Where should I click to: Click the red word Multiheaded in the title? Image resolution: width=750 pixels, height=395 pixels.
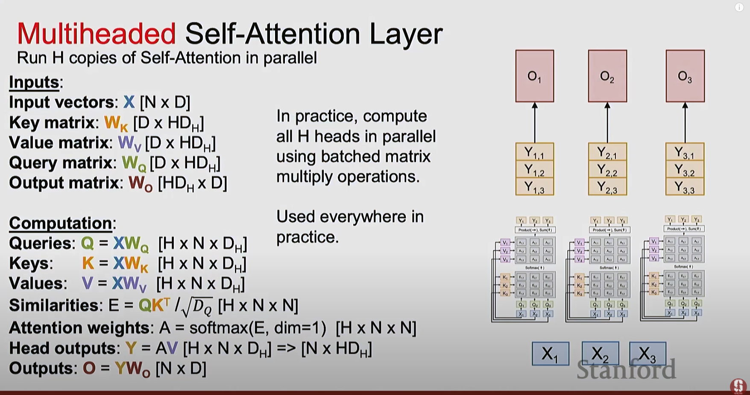click(x=96, y=34)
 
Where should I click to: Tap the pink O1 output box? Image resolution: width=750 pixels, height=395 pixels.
click(x=534, y=76)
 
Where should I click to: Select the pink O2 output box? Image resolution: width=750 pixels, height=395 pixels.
click(x=607, y=76)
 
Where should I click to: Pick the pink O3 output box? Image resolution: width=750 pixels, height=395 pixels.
click(x=685, y=76)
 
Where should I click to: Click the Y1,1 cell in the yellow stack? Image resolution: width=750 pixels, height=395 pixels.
click(x=534, y=152)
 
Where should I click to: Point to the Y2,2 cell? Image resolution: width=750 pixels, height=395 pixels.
click(x=607, y=170)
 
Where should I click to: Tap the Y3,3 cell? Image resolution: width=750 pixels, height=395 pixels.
click(x=685, y=187)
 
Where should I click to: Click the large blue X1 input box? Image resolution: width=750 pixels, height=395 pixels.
click(x=550, y=354)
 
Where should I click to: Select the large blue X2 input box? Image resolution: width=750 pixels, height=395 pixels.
click(x=600, y=354)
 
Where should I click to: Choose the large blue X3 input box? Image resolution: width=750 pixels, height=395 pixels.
click(x=647, y=354)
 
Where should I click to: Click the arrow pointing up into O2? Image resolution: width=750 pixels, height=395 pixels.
click(x=607, y=122)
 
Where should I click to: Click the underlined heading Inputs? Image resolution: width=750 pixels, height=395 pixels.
click(x=34, y=82)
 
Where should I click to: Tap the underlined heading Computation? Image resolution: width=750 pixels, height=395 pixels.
click(x=61, y=223)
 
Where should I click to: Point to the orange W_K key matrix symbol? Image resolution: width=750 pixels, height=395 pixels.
click(x=116, y=123)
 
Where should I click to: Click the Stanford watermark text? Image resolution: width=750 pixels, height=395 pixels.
click(x=626, y=369)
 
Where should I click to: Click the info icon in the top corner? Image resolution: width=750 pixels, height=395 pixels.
click(x=739, y=7)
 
